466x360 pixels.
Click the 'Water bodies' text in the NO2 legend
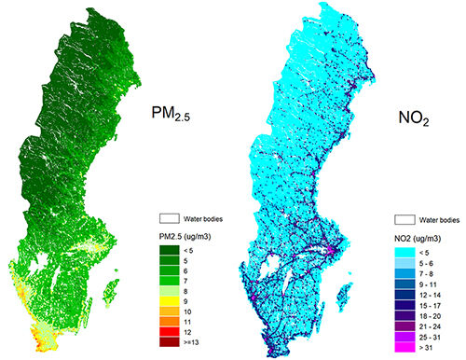point(437,220)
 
